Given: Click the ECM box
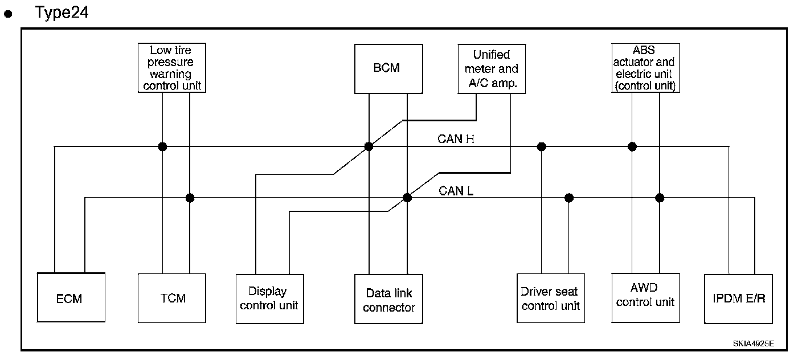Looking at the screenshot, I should (x=71, y=297).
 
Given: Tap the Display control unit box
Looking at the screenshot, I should (x=269, y=298).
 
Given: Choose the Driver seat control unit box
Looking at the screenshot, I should (x=550, y=298).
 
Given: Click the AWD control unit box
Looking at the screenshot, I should (x=645, y=296).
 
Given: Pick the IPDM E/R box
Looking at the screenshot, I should (x=739, y=298).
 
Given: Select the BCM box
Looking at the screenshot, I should (x=388, y=68).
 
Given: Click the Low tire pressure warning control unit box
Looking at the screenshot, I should (x=172, y=68).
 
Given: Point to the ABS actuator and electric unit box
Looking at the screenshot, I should (x=645, y=68).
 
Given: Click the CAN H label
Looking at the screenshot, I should (x=456, y=138).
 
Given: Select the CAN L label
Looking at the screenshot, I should (x=456, y=191).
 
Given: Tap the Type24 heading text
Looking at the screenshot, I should (x=62, y=12).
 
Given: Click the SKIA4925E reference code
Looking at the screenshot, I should (x=753, y=344).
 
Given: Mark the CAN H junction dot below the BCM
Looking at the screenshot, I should (x=369, y=146).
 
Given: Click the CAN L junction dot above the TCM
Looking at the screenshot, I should (x=190, y=198).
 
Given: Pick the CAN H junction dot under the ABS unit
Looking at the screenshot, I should (x=632, y=146).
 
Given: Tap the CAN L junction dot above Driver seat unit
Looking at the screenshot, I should (x=568, y=198).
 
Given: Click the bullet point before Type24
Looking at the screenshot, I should (x=9, y=15).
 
